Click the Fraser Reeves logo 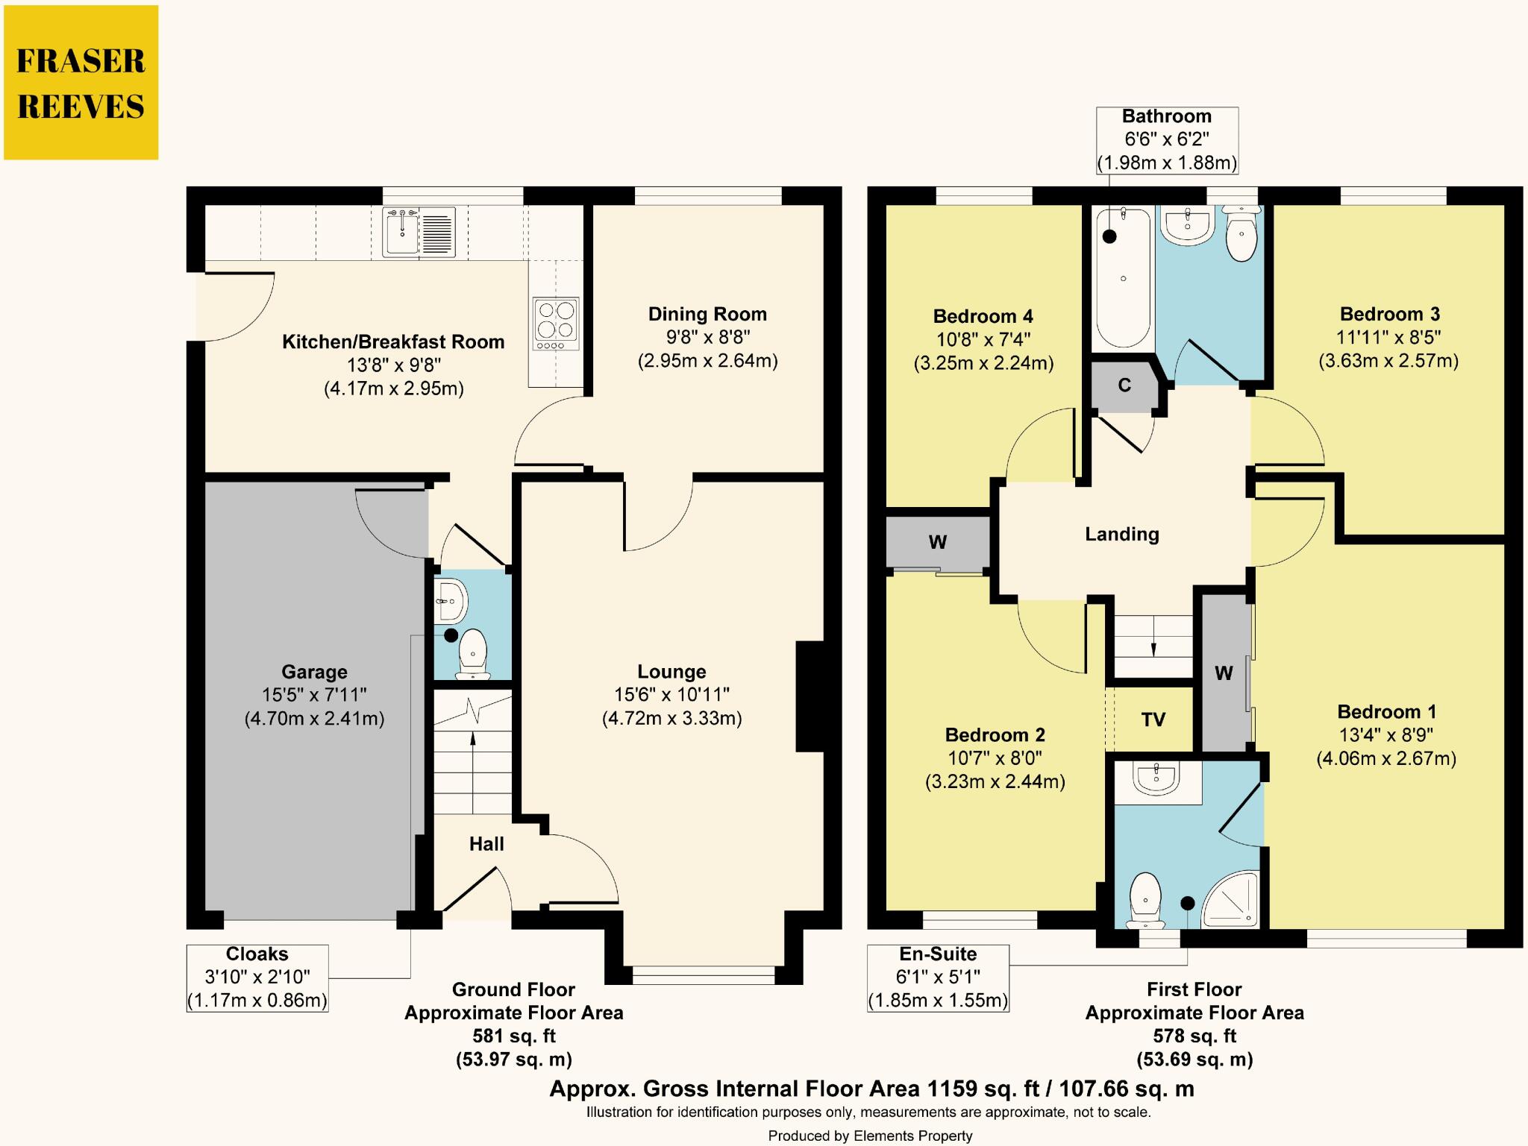[x=81, y=83]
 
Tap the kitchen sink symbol [x=419, y=232]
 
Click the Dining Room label [x=707, y=314]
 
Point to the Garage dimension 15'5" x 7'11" [x=314, y=695]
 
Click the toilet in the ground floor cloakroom [x=472, y=654]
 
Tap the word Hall [x=486, y=844]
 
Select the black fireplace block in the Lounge [x=809, y=696]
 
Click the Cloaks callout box [x=257, y=977]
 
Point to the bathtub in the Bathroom [x=1122, y=278]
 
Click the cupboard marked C [x=1124, y=385]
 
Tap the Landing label [x=1121, y=534]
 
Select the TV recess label [x=1153, y=720]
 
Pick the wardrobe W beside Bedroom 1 [x=1224, y=673]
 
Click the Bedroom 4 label [x=983, y=316]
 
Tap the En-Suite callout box [x=938, y=977]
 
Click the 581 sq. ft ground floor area [x=513, y=1036]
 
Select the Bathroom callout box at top [x=1167, y=139]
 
